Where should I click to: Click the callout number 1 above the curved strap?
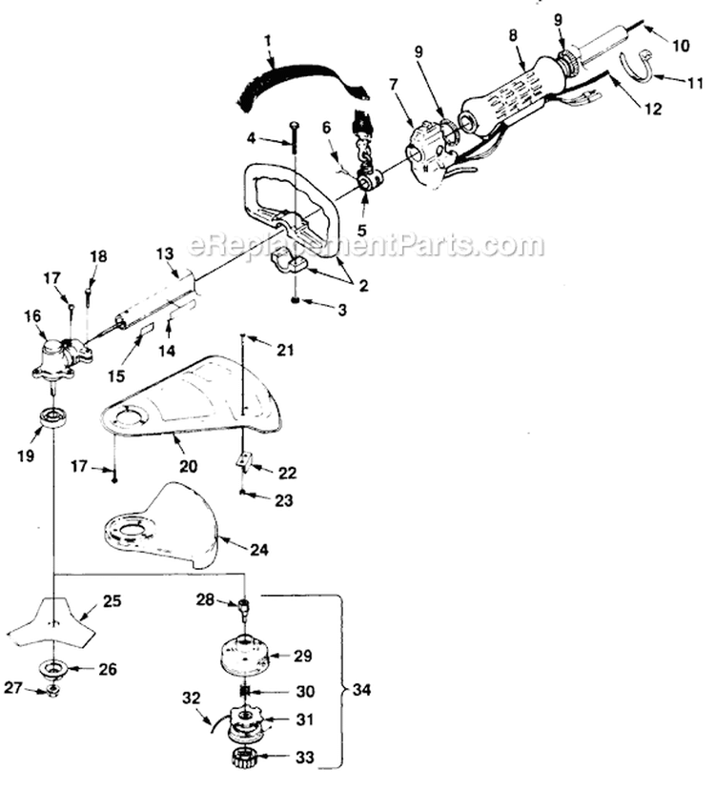(x=268, y=42)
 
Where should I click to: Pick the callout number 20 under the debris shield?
(x=188, y=466)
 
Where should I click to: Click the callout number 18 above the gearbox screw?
(x=99, y=256)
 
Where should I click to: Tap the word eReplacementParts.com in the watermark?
(x=367, y=245)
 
